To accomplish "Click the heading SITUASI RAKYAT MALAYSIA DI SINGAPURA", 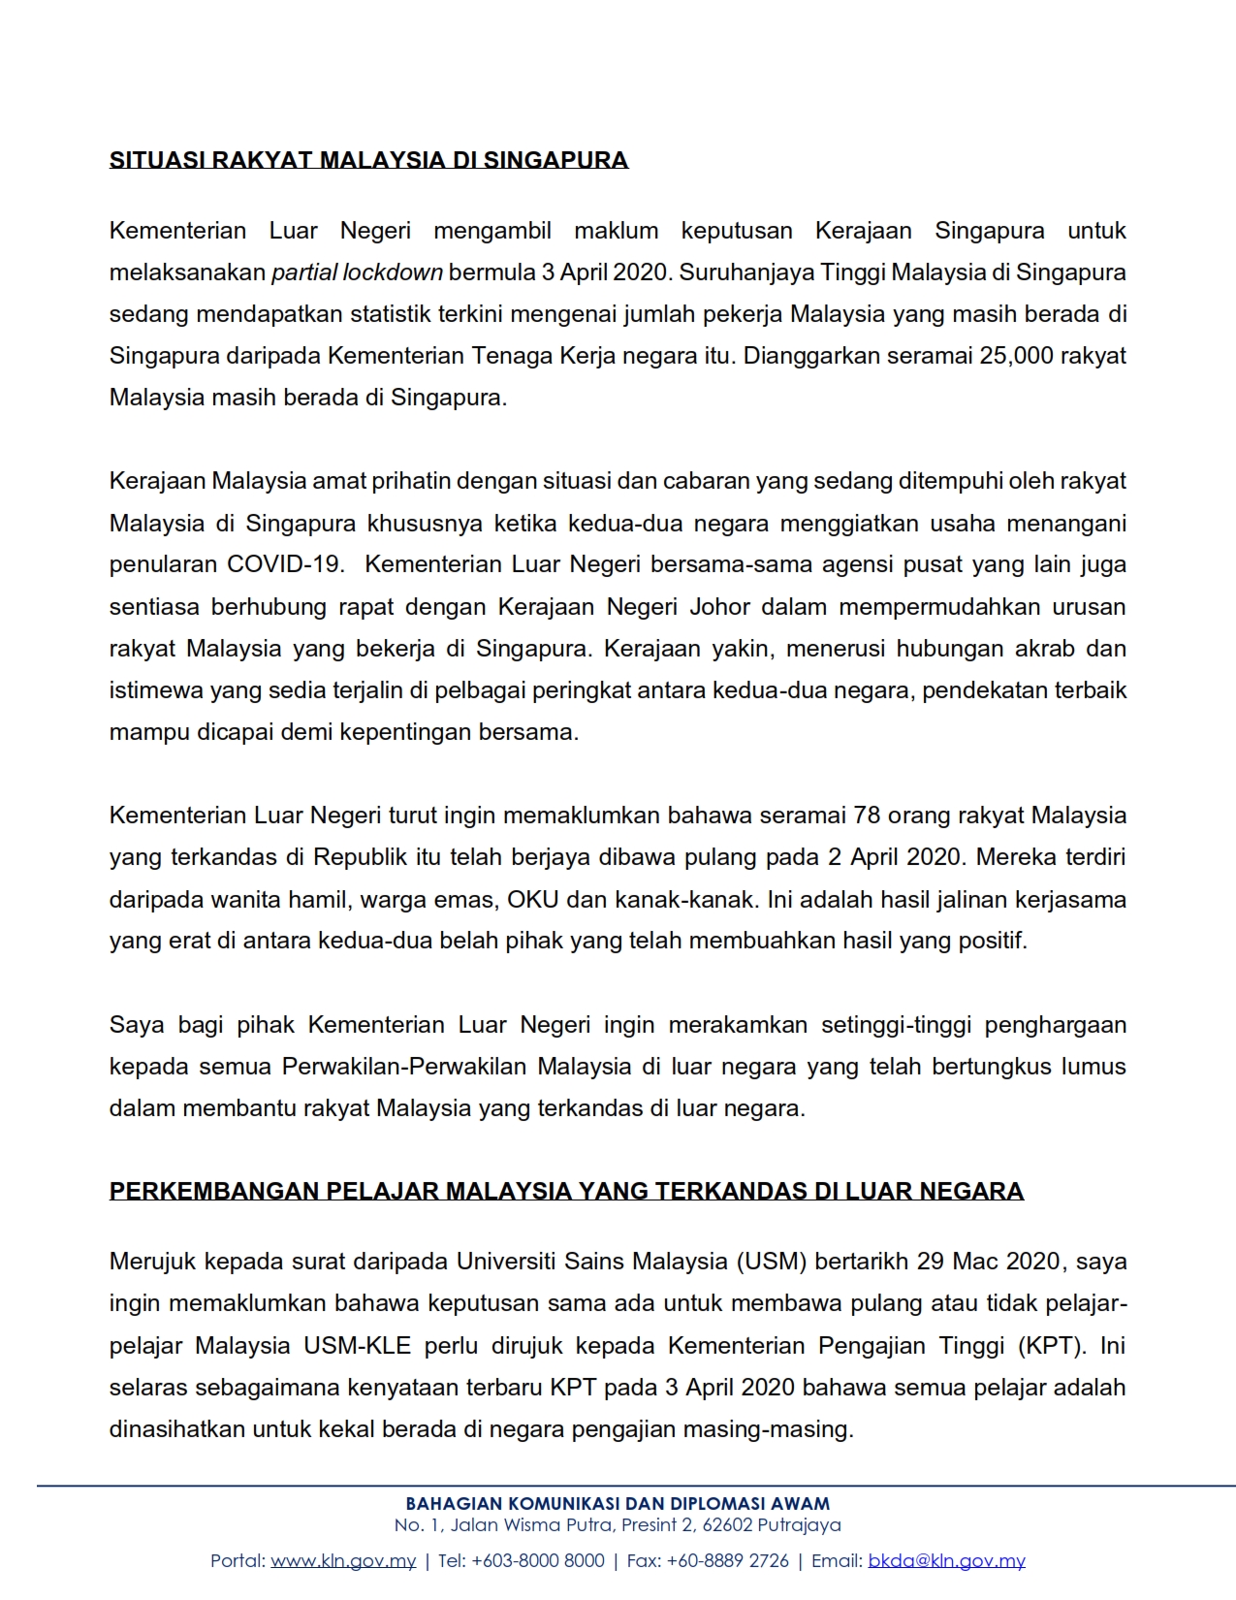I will [x=368, y=160].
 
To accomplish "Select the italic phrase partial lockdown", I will [x=357, y=272].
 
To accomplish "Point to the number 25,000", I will [x=1016, y=356].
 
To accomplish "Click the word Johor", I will [x=719, y=607].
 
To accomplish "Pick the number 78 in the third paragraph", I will [x=866, y=816].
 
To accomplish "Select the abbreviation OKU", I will [x=533, y=900].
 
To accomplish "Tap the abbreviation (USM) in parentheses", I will [x=771, y=1262].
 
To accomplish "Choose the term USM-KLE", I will [x=357, y=1346].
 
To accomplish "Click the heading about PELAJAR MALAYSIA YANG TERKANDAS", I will [x=566, y=1191].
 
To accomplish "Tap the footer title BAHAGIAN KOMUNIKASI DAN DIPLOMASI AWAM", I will [x=618, y=1504].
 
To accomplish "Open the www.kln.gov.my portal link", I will [x=343, y=1561].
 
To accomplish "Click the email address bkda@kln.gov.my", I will [x=946, y=1561].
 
